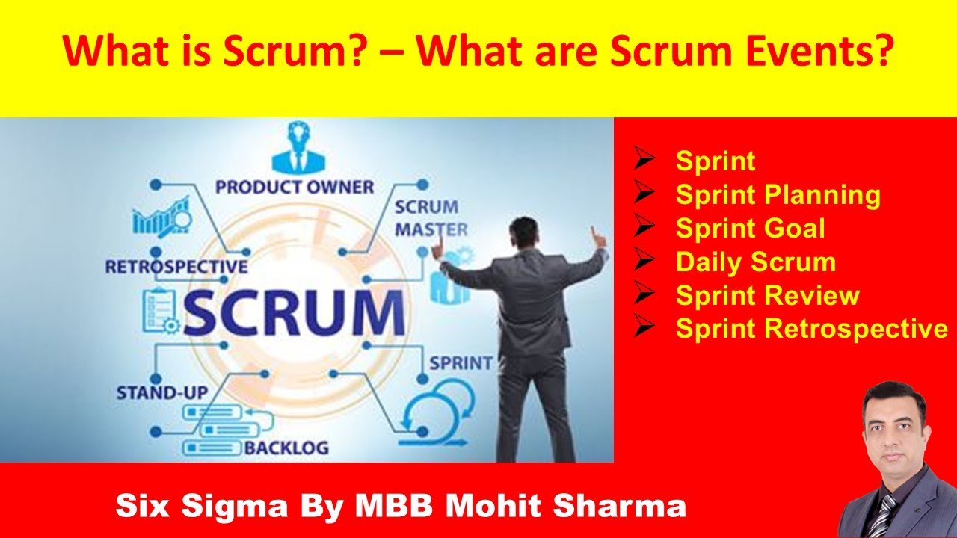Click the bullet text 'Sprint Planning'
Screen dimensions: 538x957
(x=778, y=195)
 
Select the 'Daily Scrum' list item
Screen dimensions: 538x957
(x=755, y=262)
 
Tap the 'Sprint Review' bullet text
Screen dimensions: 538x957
(x=767, y=296)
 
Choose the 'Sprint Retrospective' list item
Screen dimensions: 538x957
(x=811, y=329)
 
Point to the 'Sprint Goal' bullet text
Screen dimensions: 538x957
(x=750, y=229)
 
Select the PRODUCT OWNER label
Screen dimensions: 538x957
(x=294, y=186)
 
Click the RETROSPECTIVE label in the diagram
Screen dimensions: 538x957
(x=176, y=267)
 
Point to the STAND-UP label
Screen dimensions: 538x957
(x=161, y=392)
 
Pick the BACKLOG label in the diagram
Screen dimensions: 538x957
(x=286, y=448)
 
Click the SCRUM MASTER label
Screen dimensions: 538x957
(x=431, y=217)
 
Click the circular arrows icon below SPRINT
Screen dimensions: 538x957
(x=437, y=407)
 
